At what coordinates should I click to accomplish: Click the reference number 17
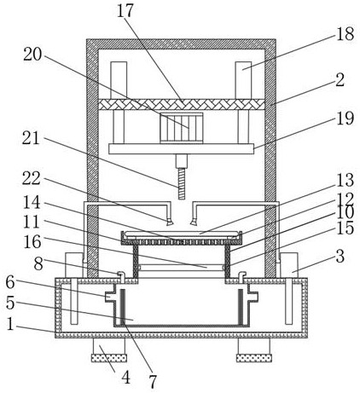click(125, 10)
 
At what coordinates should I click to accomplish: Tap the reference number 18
click(345, 34)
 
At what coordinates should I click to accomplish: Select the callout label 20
click(32, 54)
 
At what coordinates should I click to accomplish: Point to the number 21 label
click(31, 138)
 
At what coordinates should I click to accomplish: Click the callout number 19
click(345, 118)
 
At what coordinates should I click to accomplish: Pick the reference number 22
click(32, 178)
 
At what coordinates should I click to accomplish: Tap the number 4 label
click(126, 378)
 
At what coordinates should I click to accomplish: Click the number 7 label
click(153, 382)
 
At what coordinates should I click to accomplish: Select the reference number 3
click(340, 257)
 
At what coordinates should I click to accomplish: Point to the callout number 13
click(345, 180)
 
